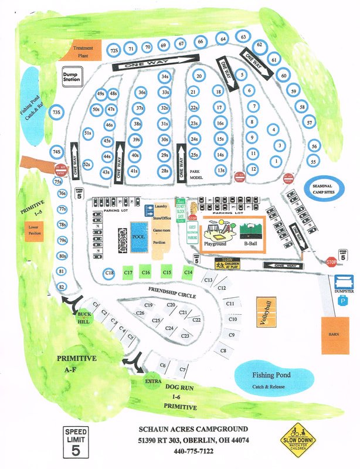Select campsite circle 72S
[115, 50]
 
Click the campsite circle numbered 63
[242, 38]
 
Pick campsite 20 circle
[199, 76]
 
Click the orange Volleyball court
[266, 311]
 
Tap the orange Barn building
[335, 335]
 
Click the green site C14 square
[188, 272]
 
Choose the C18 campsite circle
[108, 273]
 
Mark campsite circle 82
[61, 286]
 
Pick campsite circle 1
[276, 161]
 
